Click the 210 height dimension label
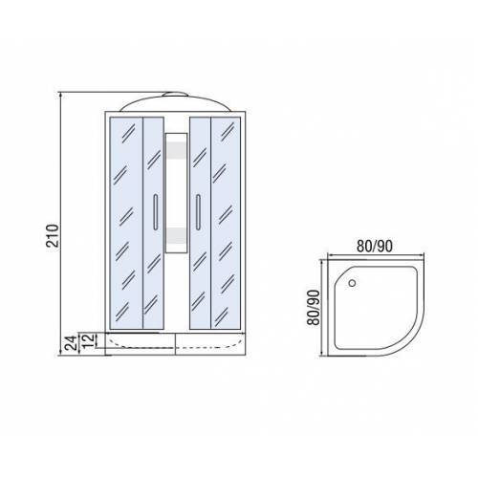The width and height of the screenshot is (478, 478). (53, 236)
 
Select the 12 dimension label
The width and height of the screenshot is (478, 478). (89, 340)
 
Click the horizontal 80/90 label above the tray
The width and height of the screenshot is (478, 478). (375, 246)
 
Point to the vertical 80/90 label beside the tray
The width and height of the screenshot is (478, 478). (314, 307)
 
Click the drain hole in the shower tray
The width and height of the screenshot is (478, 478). (352, 283)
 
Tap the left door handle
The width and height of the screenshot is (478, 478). (156, 212)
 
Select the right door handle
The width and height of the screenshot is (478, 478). (198, 212)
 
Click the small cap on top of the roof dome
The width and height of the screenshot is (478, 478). (175, 94)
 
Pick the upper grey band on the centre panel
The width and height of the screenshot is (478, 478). (176, 150)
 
